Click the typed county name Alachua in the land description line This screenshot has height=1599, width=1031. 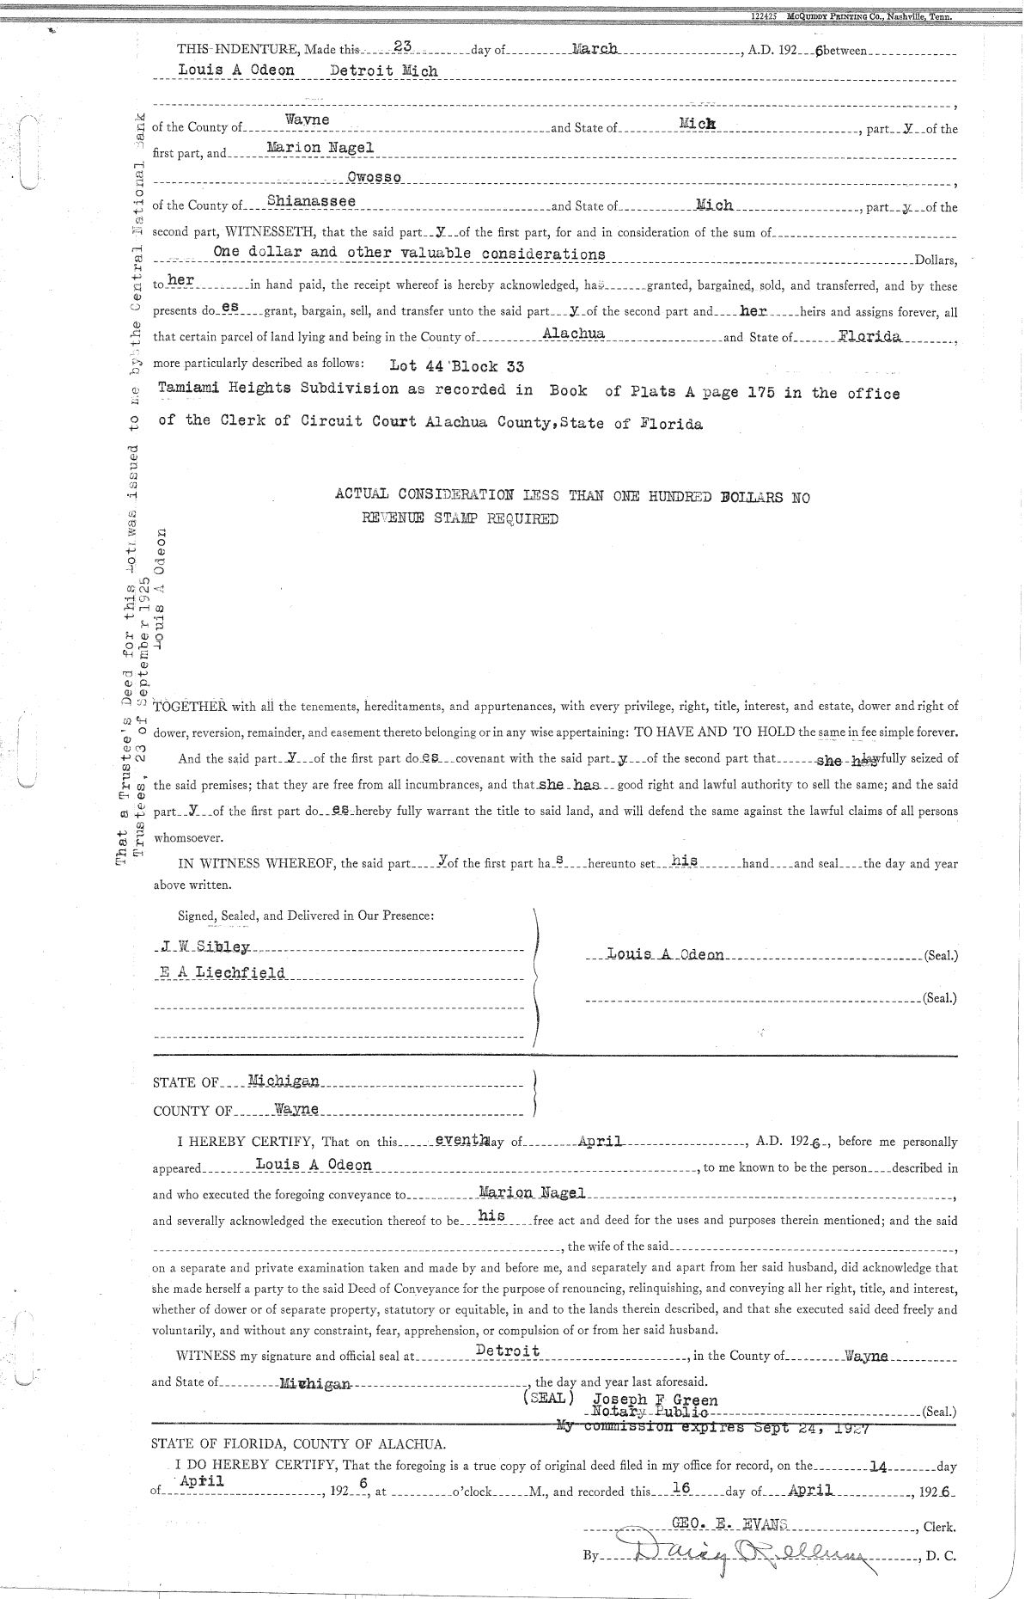(575, 334)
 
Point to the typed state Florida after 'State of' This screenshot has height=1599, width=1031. (870, 336)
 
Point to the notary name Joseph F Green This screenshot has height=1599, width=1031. (655, 1400)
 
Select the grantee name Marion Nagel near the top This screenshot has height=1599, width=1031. (320, 148)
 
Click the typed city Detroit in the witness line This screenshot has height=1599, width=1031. (508, 1351)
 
